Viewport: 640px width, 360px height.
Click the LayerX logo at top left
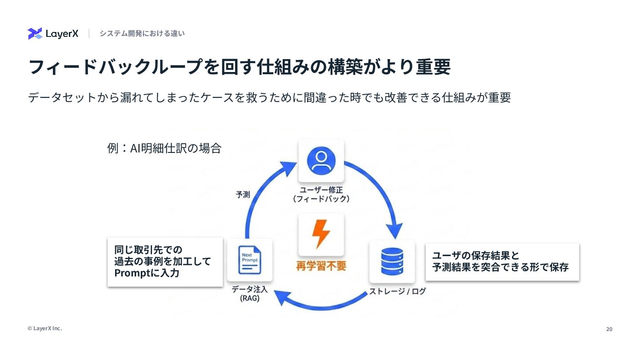tap(53, 34)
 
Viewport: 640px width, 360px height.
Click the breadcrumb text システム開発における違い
tap(142, 33)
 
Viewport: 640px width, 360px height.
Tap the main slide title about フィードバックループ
tap(239, 67)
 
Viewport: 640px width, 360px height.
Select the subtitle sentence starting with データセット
tap(269, 97)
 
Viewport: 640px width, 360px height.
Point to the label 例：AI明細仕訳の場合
tap(164, 148)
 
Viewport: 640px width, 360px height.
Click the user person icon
tap(321, 160)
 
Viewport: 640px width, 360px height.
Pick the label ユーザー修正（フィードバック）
tap(321, 194)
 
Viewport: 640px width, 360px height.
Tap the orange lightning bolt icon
tap(321, 234)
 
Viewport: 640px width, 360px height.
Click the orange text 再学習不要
tap(321, 266)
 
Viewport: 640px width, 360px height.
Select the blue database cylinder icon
tap(392, 262)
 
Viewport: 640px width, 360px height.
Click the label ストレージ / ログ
tap(397, 291)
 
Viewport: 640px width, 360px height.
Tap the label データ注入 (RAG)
tap(249, 294)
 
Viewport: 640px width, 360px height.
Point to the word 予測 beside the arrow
tap(243, 195)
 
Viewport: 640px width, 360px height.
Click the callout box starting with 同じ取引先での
tap(165, 262)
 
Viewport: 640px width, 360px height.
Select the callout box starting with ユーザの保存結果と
tap(502, 262)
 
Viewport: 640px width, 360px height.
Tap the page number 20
tap(609, 329)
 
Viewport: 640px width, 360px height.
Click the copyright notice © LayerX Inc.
tap(45, 328)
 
